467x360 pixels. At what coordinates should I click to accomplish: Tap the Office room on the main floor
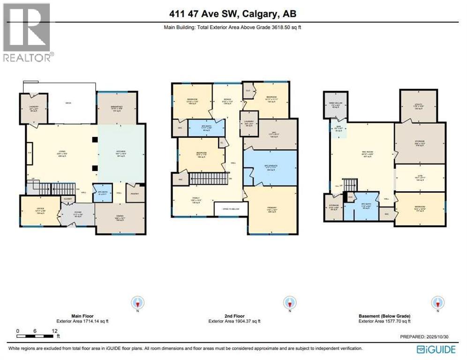pos(41,210)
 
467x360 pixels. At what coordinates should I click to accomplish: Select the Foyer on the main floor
pos(78,216)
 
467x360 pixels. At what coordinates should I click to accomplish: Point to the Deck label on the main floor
pos(68,103)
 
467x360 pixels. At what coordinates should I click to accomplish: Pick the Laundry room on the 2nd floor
pos(249,123)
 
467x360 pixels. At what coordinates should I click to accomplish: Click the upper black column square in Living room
pos(95,139)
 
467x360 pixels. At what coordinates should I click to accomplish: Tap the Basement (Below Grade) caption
pos(384,316)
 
